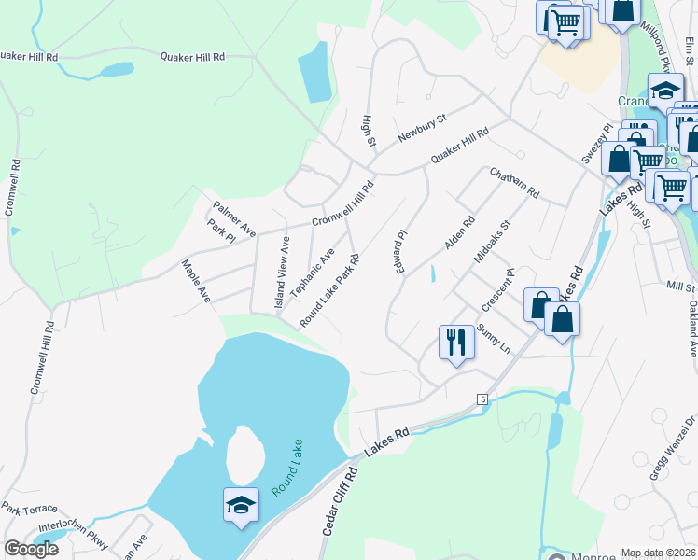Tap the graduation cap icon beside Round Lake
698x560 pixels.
(x=242, y=505)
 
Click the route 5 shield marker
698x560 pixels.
(x=482, y=399)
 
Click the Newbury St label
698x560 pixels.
(x=423, y=129)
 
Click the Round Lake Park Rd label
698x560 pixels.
(x=329, y=289)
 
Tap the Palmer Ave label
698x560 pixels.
(x=233, y=217)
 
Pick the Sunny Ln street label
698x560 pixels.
(x=494, y=338)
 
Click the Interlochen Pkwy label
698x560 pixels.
(x=82, y=533)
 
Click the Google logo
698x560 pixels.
(x=31, y=549)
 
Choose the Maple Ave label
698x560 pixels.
(x=196, y=280)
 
